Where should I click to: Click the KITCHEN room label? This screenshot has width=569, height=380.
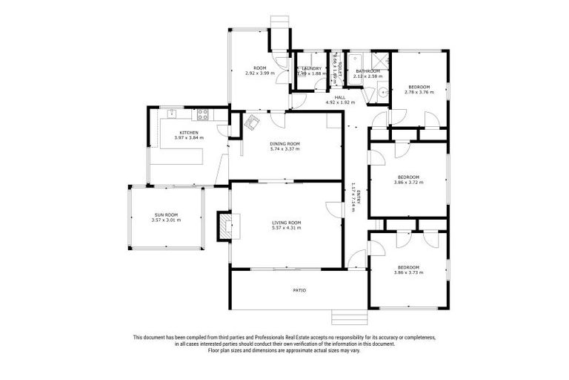pyautogui.click(x=188, y=133)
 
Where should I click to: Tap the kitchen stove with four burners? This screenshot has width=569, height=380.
pyautogui.click(x=201, y=114)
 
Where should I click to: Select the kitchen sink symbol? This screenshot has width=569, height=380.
pyautogui.click(x=171, y=114)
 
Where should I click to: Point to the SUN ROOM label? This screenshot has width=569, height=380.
pyautogui.click(x=166, y=214)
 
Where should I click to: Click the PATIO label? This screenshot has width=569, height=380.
pyautogui.click(x=299, y=290)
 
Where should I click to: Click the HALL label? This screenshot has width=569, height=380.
pyautogui.click(x=340, y=97)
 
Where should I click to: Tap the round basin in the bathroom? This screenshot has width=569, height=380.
pyautogui.click(x=380, y=93)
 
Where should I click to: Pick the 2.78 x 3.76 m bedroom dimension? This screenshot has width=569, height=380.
pyautogui.click(x=419, y=92)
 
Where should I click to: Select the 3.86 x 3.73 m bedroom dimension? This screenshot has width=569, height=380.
pyautogui.click(x=408, y=272)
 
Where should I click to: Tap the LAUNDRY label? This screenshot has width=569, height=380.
pyautogui.click(x=311, y=68)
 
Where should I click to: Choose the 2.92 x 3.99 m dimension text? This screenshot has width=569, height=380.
pyautogui.click(x=259, y=73)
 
